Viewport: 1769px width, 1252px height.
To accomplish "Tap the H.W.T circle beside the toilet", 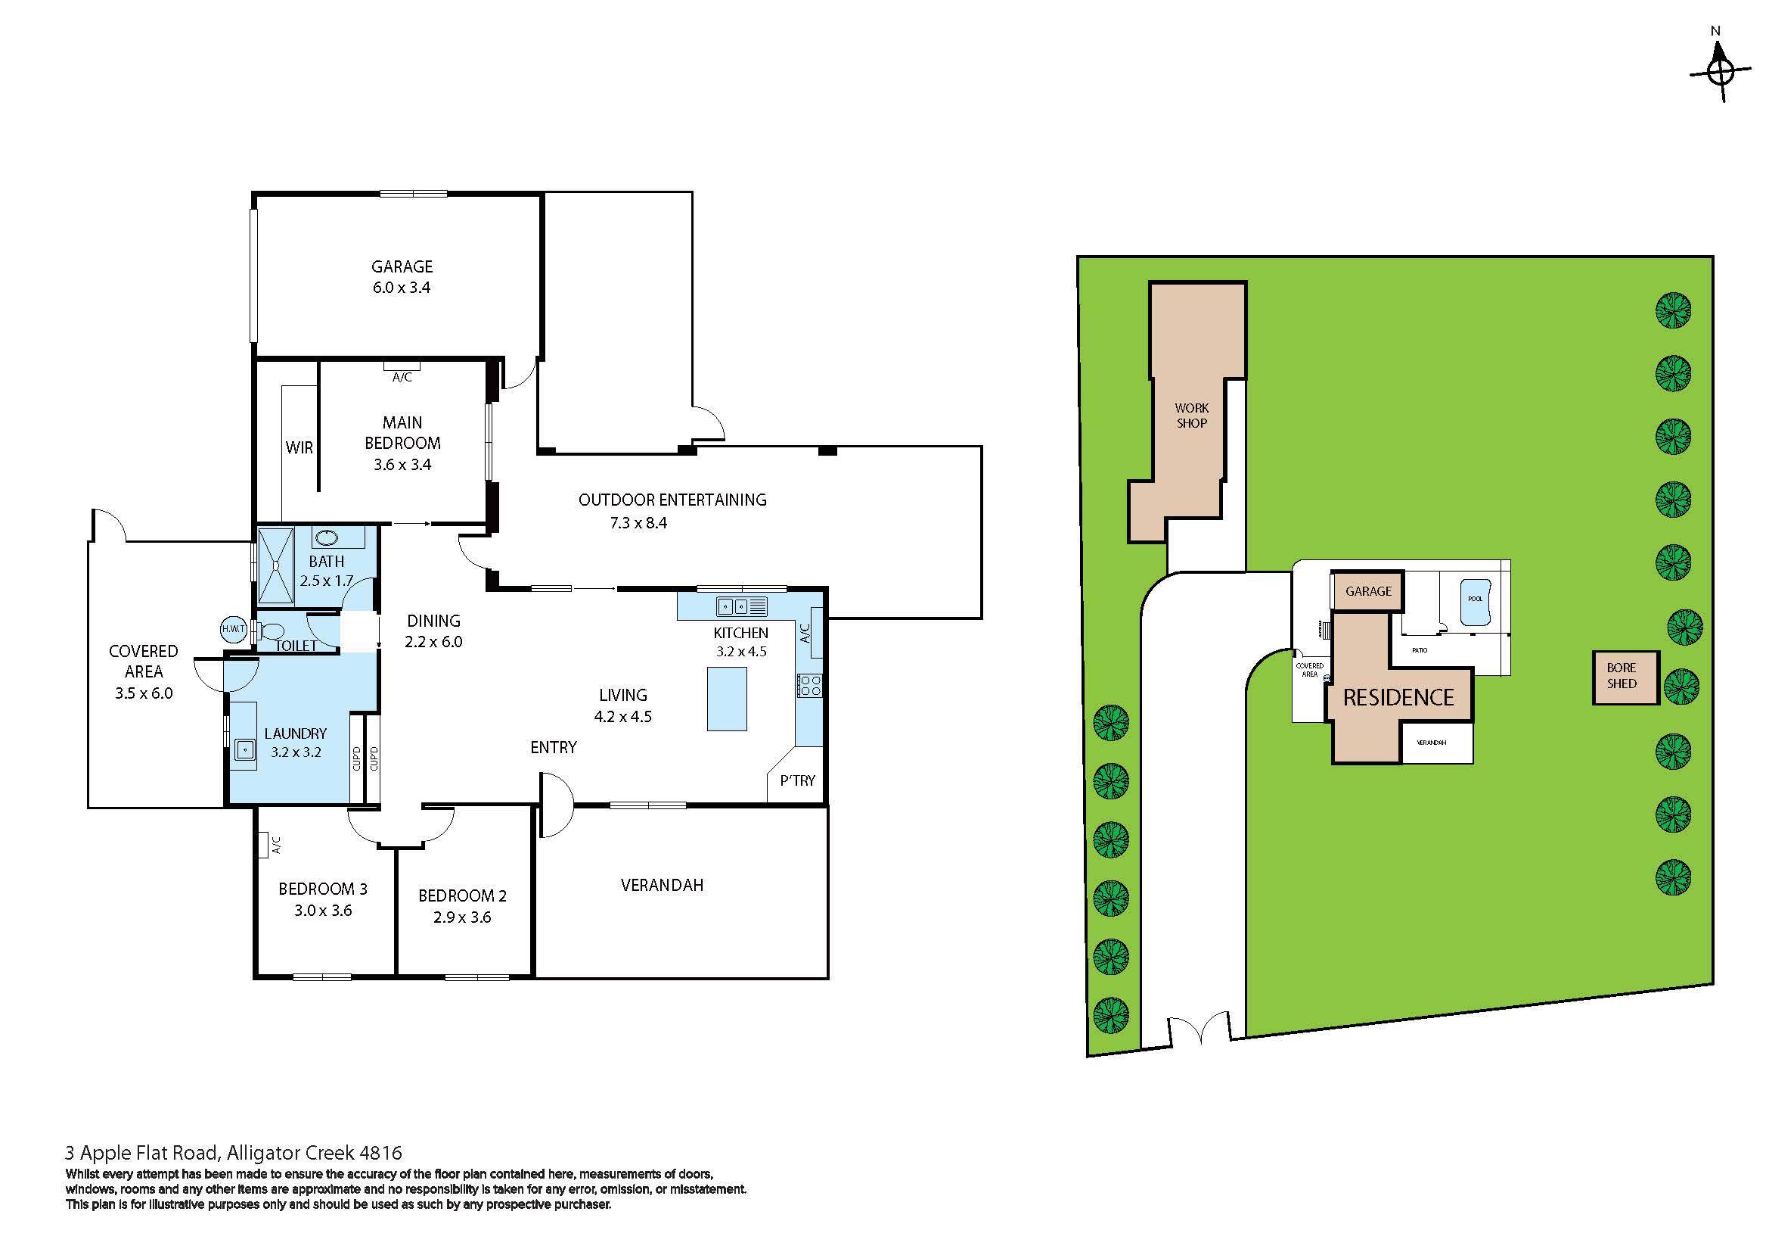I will click(x=234, y=629).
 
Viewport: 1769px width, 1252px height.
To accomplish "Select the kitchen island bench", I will click(x=727, y=699).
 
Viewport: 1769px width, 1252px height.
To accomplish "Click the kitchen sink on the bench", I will click(x=732, y=607).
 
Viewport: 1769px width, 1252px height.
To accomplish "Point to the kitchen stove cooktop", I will click(x=810, y=685).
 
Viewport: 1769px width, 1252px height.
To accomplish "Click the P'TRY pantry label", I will click(x=796, y=780).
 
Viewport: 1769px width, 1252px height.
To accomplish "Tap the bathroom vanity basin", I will click(x=326, y=537).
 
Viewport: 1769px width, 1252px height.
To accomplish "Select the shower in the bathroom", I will click(x=275, y=566).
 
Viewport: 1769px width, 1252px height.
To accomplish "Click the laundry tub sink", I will click(x=245, y=749).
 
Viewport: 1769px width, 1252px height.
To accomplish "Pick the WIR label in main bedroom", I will click(x=299, y=447).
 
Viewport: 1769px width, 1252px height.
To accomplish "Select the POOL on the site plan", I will click(x=1474, y=598).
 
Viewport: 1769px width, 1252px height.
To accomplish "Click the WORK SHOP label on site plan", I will click(x=1191, y=416).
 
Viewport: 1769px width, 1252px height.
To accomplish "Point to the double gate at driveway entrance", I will click(x=1199, y=1031).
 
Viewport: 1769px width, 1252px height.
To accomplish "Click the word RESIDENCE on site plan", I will click(x=1398, y=698).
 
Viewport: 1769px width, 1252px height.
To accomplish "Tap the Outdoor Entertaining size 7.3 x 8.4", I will click(x=638, y=523).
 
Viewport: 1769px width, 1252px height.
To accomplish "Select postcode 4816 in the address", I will click(x=380, y=1154).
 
